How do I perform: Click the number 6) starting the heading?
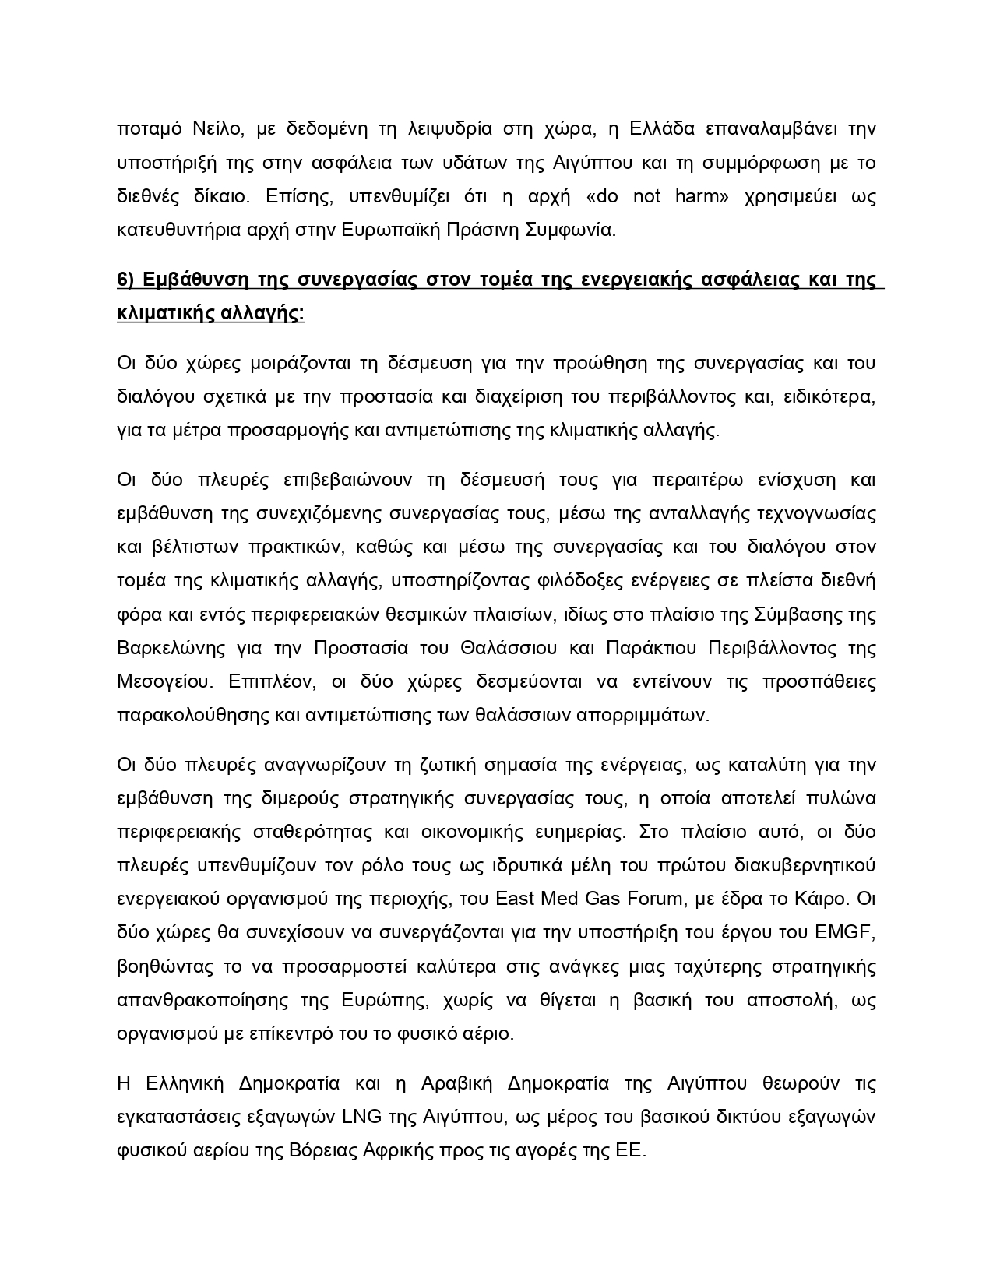click(x=128, y=280)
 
